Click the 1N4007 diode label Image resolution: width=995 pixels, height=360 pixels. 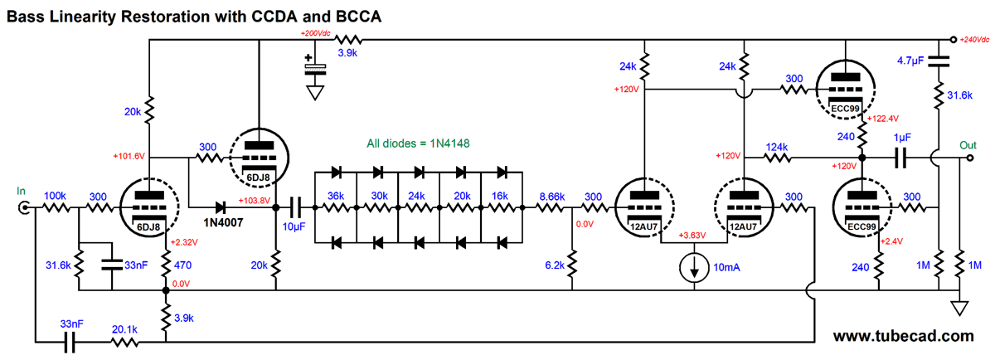223,222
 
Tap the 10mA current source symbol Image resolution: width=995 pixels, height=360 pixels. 694,268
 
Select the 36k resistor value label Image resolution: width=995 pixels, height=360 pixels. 336,196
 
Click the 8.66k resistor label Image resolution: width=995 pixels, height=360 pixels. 551,197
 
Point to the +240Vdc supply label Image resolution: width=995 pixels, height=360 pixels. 974,40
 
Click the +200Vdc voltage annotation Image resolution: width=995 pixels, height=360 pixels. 315,33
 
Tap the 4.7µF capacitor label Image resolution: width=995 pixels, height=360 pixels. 910,61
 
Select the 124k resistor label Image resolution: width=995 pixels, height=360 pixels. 776,147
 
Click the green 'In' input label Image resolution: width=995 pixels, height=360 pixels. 21,191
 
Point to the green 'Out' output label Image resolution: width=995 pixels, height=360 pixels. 968,145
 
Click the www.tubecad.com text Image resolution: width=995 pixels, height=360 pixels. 904,336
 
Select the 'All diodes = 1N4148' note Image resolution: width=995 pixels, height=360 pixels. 418,144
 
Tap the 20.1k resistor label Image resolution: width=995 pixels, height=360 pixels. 124,329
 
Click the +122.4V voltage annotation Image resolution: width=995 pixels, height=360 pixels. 882,119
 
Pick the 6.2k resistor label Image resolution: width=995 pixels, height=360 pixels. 555,265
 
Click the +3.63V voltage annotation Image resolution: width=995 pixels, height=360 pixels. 692,235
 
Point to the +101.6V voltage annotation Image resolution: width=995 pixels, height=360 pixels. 129,156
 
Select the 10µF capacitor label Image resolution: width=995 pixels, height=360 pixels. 294,226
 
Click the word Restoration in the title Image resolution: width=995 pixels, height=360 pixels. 165,17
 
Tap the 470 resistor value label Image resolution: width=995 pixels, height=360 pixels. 182,265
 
